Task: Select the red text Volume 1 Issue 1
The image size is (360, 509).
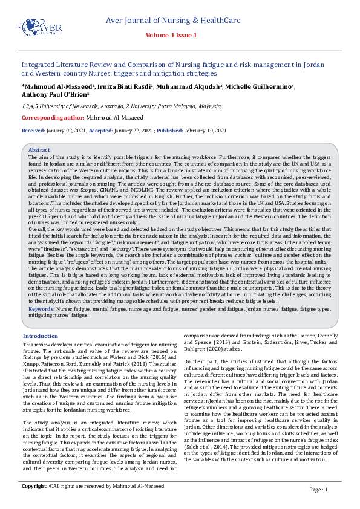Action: coord(180,36)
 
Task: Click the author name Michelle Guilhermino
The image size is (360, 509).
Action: coord(260,86)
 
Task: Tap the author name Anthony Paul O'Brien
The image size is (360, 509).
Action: coord(54,94)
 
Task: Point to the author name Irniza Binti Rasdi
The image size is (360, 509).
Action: coord(129,86)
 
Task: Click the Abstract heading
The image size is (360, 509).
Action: coord(39,149)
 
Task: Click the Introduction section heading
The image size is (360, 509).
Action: coord(41,336)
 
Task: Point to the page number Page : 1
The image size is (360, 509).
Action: coord(318,489)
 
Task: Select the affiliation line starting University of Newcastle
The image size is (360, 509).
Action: coord(121,106)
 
